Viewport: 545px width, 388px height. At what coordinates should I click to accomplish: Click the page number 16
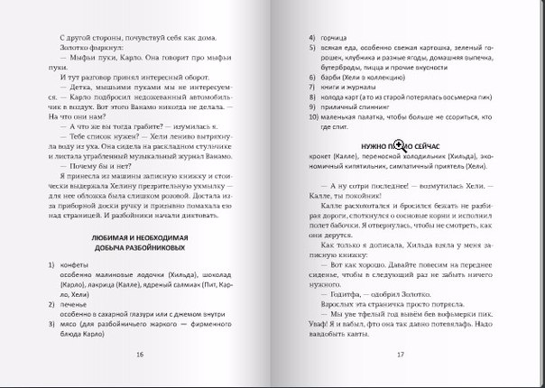pos(140,354)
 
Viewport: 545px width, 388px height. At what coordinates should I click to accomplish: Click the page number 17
pos(399,354)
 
